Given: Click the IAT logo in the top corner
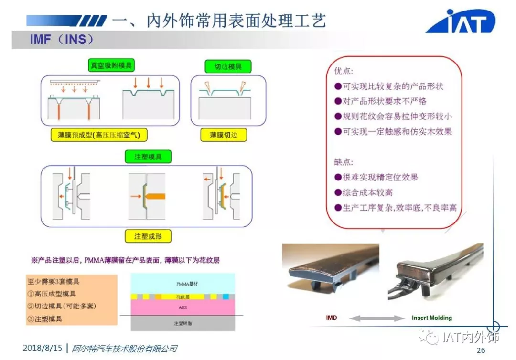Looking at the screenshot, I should (461, 21).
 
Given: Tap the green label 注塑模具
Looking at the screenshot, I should (148, 157).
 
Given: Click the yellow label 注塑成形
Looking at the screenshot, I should (148, 236).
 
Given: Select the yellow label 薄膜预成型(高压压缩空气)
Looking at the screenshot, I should (99, 135).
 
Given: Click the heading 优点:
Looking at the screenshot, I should (344, 71).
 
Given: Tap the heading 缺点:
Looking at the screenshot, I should (344, 161).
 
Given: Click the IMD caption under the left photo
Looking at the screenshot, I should (331, 318).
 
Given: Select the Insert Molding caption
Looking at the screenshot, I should (431, 318).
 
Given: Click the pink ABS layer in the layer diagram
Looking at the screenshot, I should (183, 307).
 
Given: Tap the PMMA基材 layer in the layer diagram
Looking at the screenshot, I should (183, 284).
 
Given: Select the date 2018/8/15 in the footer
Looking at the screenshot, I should (43, 349).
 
